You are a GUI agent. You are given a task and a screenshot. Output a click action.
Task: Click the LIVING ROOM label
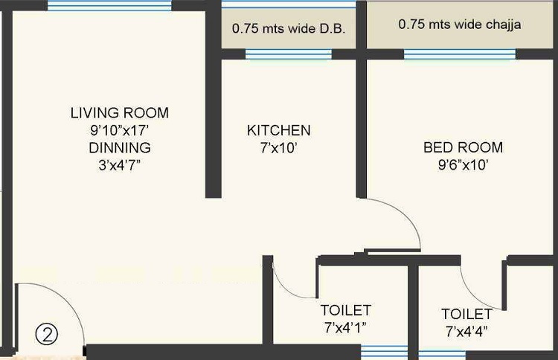(120, 113)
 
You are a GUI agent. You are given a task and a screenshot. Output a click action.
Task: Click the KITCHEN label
(279, 131)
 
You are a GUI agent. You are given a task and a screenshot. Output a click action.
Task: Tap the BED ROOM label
(463, 147)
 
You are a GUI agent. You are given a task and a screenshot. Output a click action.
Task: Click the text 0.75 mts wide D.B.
(289, 30)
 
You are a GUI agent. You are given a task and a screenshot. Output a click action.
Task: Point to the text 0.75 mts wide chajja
(459, 25)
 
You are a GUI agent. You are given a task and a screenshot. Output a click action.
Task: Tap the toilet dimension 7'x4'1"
(346, 327)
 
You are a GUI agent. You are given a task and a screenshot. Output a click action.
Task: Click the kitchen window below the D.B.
(289, 54)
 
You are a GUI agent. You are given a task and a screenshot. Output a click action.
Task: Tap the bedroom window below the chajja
(459, 54)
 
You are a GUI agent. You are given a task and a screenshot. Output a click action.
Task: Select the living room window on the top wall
(109, 6)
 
